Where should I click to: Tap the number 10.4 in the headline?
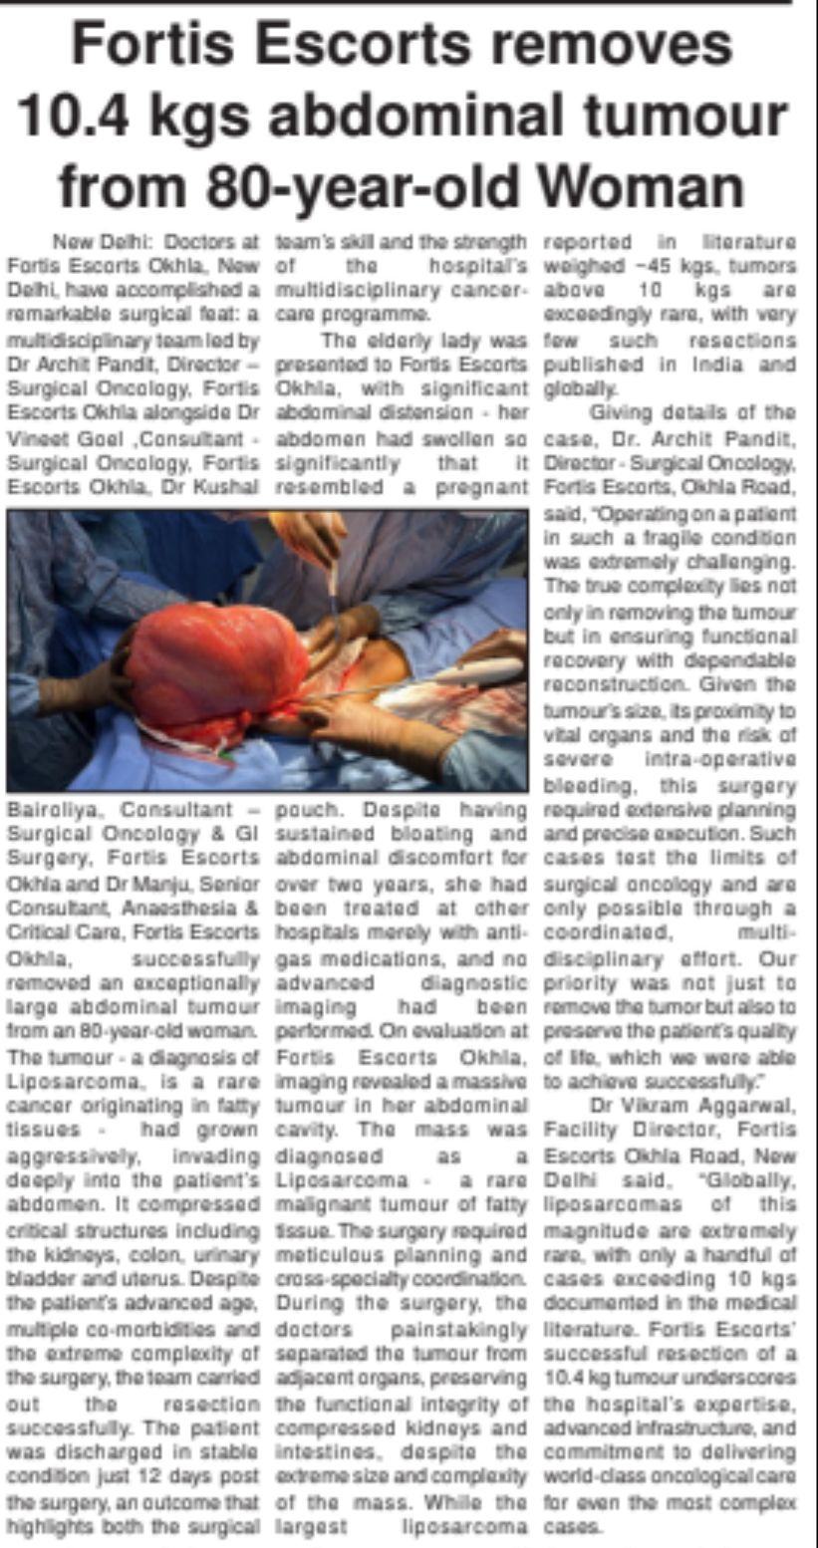tap(79, 117)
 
